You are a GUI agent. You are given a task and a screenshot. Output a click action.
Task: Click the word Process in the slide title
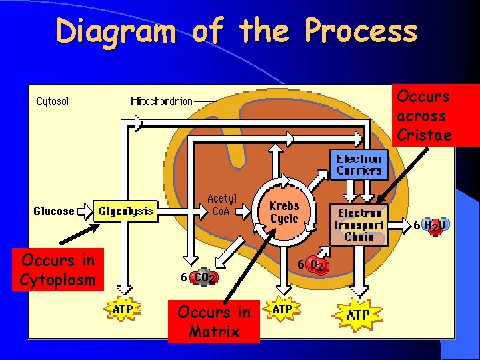(x=361, y=31)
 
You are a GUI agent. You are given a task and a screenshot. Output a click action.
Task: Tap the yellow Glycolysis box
(x=125, y=211)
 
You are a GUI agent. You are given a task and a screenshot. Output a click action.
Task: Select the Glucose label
(x=54, y=211)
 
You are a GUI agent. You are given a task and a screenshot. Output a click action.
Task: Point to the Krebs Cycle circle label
(x=284, y=212)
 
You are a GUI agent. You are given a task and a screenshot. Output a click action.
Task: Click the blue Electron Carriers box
(x=359, y=165)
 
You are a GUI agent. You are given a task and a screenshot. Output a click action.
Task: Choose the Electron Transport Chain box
(x=359, y=225)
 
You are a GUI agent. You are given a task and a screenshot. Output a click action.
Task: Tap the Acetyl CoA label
(x=222, y=205)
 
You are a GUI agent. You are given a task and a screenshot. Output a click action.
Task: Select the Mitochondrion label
(x=162, y=101)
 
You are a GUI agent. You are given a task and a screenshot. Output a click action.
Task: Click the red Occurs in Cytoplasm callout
(x=58, y=270)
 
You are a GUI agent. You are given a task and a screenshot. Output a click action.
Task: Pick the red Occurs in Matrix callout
(x=214, y=321)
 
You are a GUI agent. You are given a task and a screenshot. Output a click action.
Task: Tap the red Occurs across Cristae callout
(x=423, y=115)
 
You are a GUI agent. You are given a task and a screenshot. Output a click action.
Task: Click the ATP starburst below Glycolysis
(x=123, y=309)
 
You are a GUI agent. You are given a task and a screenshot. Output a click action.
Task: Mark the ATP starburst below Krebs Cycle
(x=282, y=309)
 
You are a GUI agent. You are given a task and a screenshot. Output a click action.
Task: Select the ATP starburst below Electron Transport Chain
(x=359, y=315)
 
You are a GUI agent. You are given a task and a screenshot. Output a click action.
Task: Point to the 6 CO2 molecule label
(x=199, y=277)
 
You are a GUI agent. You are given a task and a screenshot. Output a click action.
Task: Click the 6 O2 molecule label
(x=313, y=265)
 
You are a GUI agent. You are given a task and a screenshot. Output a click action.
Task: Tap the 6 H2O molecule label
(x=431, y=225)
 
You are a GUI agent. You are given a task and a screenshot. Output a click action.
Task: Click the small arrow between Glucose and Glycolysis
(x=85, y=212)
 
